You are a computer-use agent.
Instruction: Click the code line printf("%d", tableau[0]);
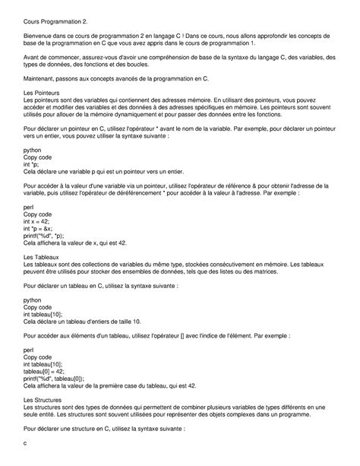[x=58, y=378]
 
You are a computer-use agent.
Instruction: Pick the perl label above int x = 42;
[x=30, y=207]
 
